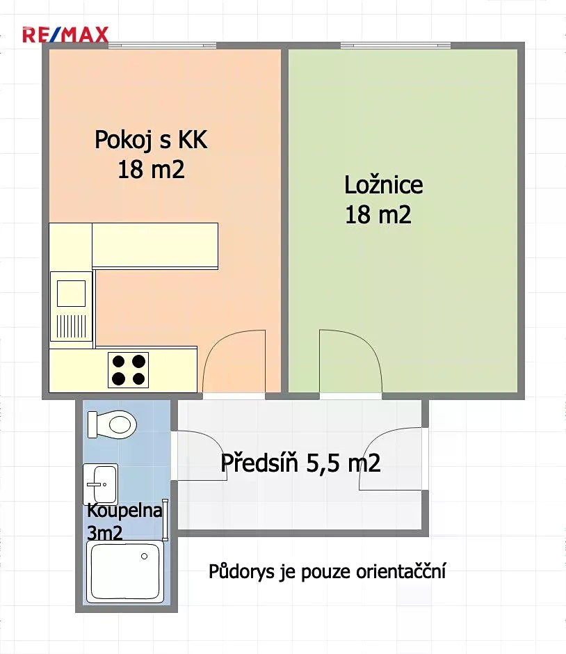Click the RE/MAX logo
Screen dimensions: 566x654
pyautogui.click(x=65, y=35)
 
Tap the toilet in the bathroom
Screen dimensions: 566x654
pyautogui.click(x=112, y=424)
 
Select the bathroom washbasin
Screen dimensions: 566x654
pyautogui.click(x=100, y=484)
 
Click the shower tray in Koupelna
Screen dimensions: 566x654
pyautogui.click(x=125, y=572)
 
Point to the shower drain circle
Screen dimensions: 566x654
pyautogui.click(x=144, y=556)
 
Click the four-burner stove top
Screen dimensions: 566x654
pyautogui.click(x=129, y=370)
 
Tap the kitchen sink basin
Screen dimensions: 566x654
pyautogui.click(x=71, y=294)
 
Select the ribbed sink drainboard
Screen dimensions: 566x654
pyautogui.click(x=71, y=326)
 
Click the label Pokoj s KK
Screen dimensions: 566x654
pyautogui.click(x=151, y=139)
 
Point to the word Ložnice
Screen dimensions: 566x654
pyautogui.click(x=383, y=185)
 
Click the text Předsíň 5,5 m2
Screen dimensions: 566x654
pyautogui.click(x=300, y=463)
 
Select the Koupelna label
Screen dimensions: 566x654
pyautogui.click(x=124, y=511)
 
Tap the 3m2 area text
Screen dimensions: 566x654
pyautogui.click(x=104, y=533)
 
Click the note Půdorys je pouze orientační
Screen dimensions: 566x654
pyautogui.click(x=328, y=571)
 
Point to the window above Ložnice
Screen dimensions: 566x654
pyautogui.click(x=396, y=45)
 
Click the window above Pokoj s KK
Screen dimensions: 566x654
pyautogui.click(x=163, y=45)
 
